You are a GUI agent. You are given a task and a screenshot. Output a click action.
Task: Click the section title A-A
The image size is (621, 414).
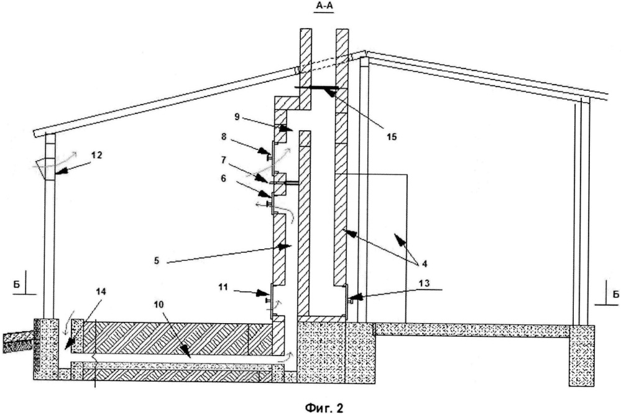[x=324, y=6]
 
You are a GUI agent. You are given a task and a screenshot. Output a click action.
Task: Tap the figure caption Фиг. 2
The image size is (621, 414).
[x=324, y=408]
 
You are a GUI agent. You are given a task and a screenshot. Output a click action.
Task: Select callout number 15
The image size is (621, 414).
[x=390, y=137]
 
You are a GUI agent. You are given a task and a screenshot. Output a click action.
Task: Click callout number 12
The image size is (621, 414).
[x=96, y=155]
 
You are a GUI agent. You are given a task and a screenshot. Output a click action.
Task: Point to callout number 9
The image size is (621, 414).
[x=237, y=118]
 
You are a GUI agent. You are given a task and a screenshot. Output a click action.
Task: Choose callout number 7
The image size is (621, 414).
[x=224, y=160]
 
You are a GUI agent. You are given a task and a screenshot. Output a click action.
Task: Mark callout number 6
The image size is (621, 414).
[x=223, y=179]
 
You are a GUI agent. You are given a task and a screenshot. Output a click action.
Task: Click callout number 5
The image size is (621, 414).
[x=157, y=261]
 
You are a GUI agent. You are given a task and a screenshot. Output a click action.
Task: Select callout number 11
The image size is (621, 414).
[x=223, y=287]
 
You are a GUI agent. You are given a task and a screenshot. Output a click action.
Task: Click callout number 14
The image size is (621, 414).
[x=101, y=292]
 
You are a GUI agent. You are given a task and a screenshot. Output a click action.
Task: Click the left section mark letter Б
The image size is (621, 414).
[x=17, y=285]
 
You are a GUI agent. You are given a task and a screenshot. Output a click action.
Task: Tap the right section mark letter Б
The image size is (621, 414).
[x=615, y=294]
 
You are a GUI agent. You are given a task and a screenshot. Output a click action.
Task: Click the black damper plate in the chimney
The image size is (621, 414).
[x=316, y=88]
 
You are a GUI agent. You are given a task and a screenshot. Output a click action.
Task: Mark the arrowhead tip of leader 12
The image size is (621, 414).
[x=55, y=174]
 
